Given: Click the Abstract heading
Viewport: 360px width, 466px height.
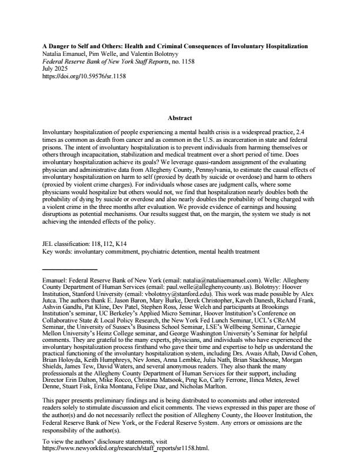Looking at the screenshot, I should [x=179, y=118].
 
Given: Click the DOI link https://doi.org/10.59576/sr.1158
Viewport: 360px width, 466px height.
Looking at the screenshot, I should [x=85, y=76].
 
